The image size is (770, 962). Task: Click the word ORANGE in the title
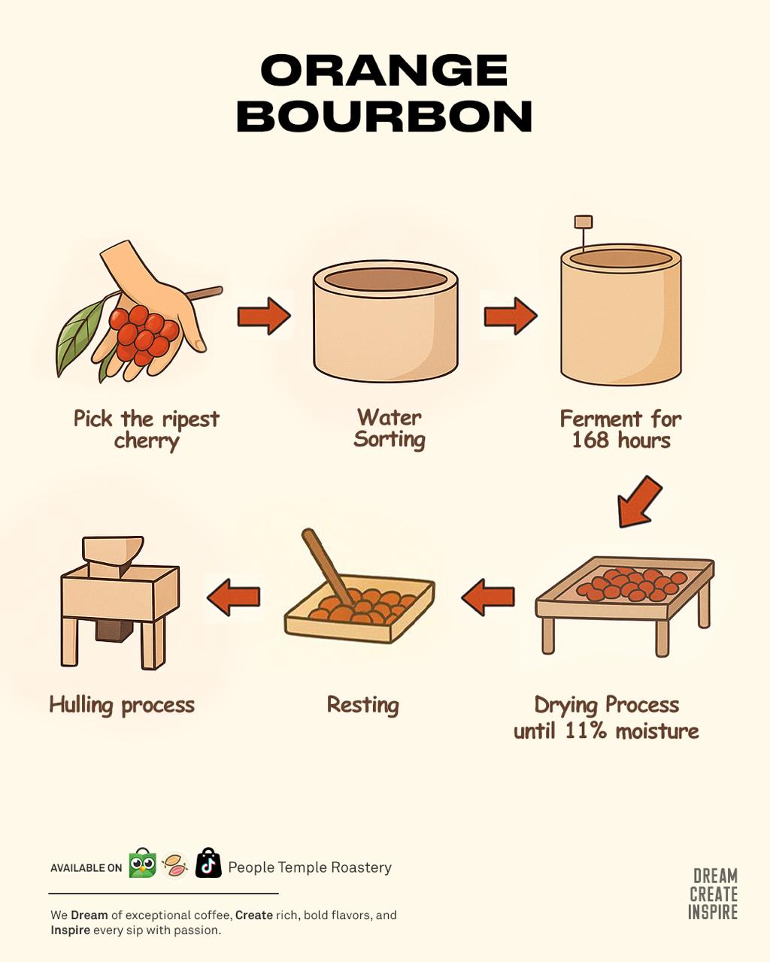point(384,70)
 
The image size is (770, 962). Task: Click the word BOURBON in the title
point(384,116)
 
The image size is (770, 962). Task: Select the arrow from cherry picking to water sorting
point(264,316)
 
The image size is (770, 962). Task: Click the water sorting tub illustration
point(385,321)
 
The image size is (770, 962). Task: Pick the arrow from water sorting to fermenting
point(511,316)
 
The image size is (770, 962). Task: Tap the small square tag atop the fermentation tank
point(584,222)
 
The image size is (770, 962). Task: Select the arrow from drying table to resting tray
point(488,597)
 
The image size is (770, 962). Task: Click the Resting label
point(363,705)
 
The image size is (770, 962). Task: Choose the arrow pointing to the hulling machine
point(234,597)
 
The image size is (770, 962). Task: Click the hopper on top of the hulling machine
point(112,556)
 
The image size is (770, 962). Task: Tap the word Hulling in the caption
point(81,706)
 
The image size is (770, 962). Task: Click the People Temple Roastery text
point(310,867)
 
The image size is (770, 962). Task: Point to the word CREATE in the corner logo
point(714,894)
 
